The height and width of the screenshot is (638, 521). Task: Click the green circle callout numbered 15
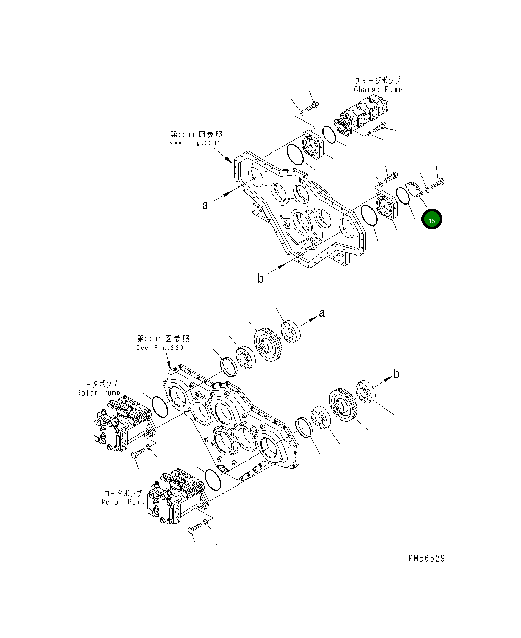[431, 220]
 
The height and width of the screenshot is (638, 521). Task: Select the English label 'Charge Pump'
[378, 89]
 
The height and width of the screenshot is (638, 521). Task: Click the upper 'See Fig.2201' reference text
[196, 143]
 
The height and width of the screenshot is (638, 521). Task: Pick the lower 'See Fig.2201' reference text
[162, 347]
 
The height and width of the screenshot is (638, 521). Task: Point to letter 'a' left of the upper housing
[205, 206]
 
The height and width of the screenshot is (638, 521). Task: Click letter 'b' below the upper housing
[260, 278]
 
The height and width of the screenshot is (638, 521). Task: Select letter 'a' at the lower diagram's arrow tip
[321, 313]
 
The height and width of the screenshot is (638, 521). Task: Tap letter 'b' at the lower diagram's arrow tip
[396, 374]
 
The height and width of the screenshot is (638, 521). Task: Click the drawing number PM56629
[427, 558]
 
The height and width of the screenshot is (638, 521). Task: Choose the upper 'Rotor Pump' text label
[99, 393]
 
